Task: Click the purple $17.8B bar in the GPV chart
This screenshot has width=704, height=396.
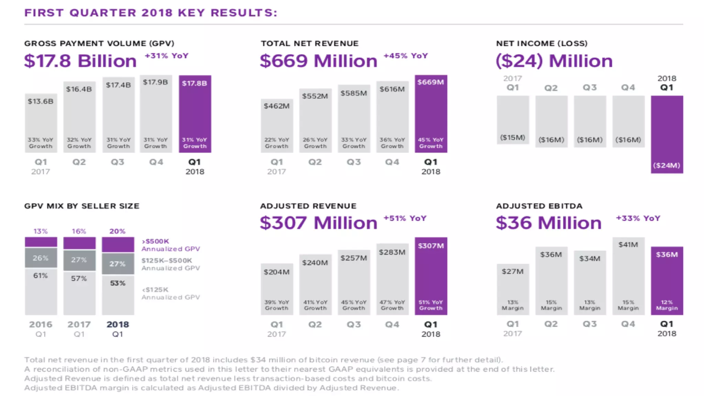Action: point(195,113)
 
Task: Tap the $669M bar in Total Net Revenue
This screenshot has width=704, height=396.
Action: point(431,113)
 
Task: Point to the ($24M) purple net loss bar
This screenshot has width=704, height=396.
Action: point(667,134)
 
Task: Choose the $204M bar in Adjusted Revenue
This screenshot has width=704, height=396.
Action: point(277,289)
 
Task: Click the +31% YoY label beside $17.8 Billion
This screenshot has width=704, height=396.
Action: point(166,56)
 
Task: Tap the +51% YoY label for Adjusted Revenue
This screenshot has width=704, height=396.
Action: point(405,218)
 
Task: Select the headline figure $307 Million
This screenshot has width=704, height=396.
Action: point(318,223)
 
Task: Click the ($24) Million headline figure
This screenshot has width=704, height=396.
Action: point(554,61)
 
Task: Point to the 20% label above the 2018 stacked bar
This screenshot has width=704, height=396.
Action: point(117,231)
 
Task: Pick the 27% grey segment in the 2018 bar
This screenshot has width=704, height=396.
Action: point(118,264)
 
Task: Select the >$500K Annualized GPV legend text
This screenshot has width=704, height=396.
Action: point(170,245)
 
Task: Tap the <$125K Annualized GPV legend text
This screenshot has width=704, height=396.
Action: point(170,294)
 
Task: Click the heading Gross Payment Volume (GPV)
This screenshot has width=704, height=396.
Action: point(99,43)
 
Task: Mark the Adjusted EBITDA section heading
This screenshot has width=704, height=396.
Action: point(539,206)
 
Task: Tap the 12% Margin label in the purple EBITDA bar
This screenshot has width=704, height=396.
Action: point(667,305)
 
